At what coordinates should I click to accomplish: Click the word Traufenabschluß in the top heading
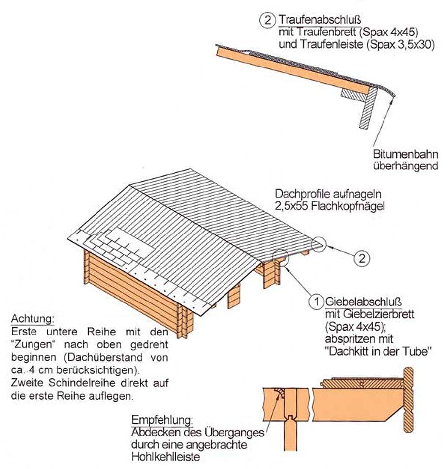320,20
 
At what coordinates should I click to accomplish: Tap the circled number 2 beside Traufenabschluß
267,20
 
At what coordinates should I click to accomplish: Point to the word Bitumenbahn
406,154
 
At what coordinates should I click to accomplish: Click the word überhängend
406,166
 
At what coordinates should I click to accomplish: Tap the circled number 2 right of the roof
362,258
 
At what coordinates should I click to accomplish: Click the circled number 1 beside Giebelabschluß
317,301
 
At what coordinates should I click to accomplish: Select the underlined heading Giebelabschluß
363,302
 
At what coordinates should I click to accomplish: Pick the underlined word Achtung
33,319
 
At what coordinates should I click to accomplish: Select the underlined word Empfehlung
162,420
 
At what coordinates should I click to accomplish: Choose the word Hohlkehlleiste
165,456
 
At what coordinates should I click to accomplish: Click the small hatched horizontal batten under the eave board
354,96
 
